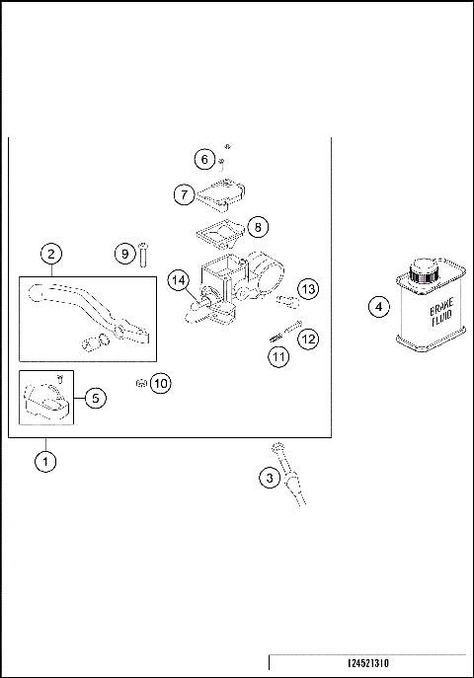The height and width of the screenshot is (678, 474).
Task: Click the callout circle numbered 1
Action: click(x=43, y=461)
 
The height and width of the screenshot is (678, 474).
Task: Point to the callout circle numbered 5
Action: click(x=95, y=398)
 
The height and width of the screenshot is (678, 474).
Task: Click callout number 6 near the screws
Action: click(x=203, y=160)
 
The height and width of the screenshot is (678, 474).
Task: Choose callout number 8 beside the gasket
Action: click(x=257, y=226)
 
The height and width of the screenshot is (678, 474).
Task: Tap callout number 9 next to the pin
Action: click(x=123, y=253)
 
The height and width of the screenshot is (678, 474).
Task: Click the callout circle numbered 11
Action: click(x=279, y=356)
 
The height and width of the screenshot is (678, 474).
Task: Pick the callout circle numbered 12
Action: click(x=308, y=339)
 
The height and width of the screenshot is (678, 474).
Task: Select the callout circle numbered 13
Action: click(x=309, y=289)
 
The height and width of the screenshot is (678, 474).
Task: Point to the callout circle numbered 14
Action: click(x=178, y=280)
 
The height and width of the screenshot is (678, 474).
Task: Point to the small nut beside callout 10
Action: click(x=141, y=383)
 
